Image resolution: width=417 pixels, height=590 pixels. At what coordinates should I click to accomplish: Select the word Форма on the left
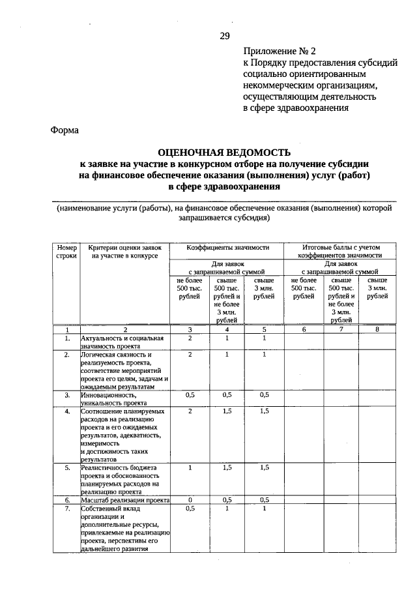[65, 130]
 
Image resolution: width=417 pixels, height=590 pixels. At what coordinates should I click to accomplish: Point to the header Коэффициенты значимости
[227, 248]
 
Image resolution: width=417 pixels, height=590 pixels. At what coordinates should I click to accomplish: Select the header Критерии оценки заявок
[124, 252]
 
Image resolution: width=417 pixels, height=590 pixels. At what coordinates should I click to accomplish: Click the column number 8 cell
[377, 329]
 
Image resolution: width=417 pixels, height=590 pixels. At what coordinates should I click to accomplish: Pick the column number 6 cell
[303, 329]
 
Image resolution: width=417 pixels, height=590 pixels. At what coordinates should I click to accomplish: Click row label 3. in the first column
[66, 395]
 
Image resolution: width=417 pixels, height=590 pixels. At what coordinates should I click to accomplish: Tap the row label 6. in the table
[66, 500]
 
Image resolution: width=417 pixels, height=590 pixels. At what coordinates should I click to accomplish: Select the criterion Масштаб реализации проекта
[125, 500]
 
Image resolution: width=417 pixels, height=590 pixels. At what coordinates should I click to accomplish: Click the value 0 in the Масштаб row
[190, 500]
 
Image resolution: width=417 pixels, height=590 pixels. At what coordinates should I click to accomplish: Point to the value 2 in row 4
[190, 412]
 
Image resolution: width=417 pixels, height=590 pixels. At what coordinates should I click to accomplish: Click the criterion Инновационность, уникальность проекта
[125, 399]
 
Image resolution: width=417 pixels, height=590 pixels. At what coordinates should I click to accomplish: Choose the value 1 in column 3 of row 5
[190, 468]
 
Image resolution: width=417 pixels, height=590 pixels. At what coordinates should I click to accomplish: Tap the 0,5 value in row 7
[190, 509]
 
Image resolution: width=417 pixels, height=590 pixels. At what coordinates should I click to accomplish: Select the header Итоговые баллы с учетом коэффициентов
[341, 252]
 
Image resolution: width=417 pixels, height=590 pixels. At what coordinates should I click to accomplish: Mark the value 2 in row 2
[190, 355]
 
